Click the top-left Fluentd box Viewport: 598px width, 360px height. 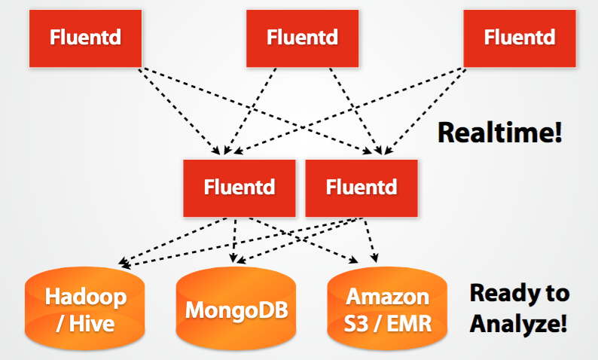click(85, 37)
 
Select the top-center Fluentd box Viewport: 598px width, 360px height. click(302, 37)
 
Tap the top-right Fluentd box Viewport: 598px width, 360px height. click(519, 37)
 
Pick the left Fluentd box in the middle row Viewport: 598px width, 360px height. click(238, 187)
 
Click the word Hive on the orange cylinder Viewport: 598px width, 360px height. click(95, 324)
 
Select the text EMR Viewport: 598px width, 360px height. click(407, 324)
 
